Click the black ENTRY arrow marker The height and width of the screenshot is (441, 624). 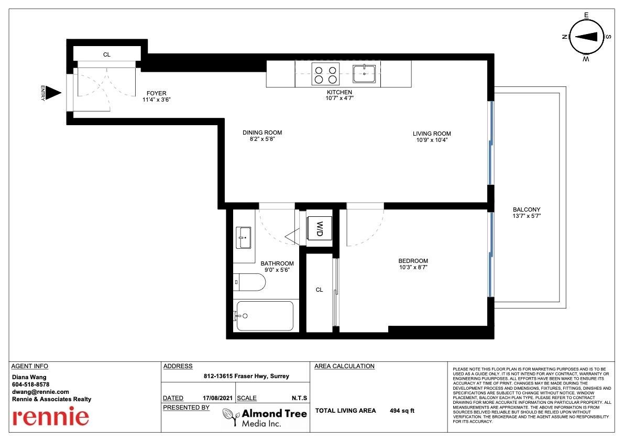click(53, 93)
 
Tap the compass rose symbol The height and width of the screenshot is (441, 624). click(586, 37)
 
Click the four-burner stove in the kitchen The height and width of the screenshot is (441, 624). click(325, 74)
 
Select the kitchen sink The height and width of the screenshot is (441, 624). click(364, 73)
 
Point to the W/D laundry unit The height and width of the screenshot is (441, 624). click(319, 229)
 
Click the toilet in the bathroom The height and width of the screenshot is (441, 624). click(249, 282)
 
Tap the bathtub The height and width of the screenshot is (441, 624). click(265, 316)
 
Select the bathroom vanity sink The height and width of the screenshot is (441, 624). click(244, 237)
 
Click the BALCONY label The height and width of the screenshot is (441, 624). click(527, 210)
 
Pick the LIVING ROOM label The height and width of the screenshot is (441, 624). click(432, 134)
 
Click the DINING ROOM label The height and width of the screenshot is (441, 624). click(262, 133)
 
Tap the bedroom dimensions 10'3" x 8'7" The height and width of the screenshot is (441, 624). click(413, 267)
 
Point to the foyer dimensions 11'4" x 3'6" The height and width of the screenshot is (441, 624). click(157, 100)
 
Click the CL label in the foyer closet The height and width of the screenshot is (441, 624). click(107, 54)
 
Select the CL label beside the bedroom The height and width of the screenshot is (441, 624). click(319, 290)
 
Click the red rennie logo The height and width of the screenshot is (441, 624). click(50, 416)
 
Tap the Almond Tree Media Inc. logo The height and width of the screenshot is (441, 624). click(265, 418)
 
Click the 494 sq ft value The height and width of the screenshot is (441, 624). click(402, 411)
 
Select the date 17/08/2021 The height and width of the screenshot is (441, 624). click(217, 398)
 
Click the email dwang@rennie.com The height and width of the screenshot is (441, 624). click(40, 392)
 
